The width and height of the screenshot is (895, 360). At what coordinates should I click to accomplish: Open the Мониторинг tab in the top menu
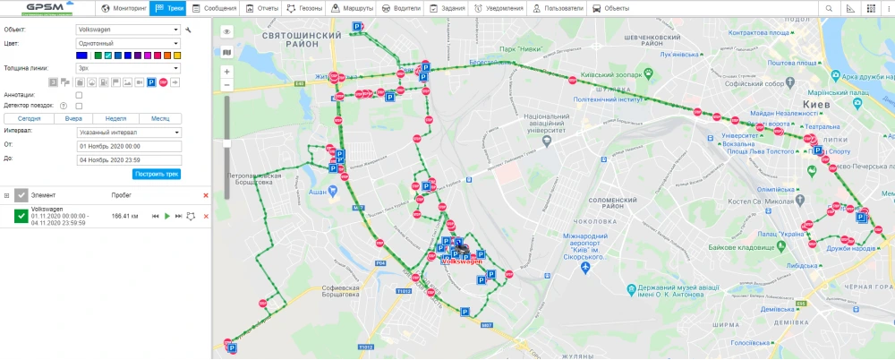click(x=124, y=8)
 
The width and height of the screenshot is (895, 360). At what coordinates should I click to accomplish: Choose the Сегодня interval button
click(x=29, y=118)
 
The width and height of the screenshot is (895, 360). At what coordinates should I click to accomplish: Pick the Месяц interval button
click(x=160, y=118)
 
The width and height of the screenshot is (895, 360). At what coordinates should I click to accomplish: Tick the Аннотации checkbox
click(x=80, y=94)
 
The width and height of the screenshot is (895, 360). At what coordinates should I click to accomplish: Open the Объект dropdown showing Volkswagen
click(x=129, y=30)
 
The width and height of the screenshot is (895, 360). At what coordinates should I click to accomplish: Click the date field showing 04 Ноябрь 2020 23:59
click(x=129, y=159)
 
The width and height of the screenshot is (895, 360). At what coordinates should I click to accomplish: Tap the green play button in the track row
click(x=166, y=216)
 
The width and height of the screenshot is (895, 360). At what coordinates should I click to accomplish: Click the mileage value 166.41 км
click(x=124, y=216)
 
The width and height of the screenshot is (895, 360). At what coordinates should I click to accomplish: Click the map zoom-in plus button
click(x=226, y=71)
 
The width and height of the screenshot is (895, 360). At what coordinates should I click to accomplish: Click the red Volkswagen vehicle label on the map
click(x=463, y=261)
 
